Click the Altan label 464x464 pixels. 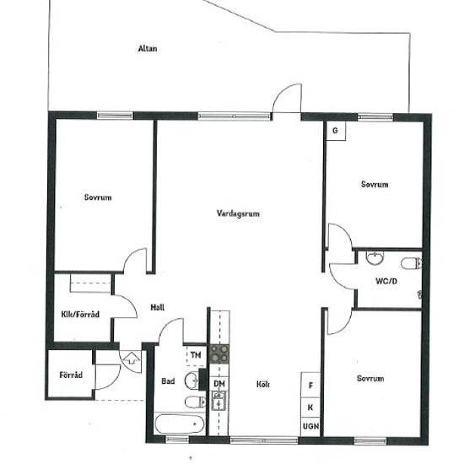tap(148, 49)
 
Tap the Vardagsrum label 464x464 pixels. tap(238, 213)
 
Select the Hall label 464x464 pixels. tap(158, 307)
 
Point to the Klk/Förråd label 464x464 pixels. tap(80, 315)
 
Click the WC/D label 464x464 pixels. tap(386, 281)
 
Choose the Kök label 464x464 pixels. tap(263, 385)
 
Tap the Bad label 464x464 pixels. tap(168, 381)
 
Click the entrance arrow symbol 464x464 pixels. tap(132, 358)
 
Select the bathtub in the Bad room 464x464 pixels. tap(180, 424)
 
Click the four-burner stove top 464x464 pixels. tap(219, 354)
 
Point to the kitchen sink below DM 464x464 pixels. tap(219, 401)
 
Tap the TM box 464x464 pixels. tap(196, 355)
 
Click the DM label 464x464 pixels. tap(219, 384)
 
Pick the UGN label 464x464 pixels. tap(310, 426)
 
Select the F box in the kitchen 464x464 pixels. tap(310, 385)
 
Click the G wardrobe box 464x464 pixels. tap(336, 131)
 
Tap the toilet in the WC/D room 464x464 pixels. tap(411, 263)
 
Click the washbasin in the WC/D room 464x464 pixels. tap(375, 258)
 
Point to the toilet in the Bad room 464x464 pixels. tap(195, 402)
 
